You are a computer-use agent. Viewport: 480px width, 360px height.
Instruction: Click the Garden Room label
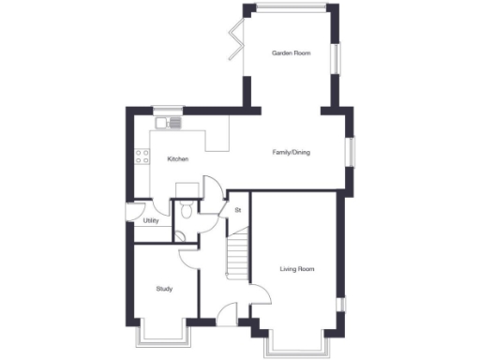click(x=291, y=53)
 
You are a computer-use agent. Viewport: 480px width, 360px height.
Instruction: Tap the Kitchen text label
click(x=178, y=159)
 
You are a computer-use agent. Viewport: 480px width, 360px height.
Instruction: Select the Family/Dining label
click(x=292, y=152)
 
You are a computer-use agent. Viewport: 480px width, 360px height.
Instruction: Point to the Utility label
click(x=150, y=220)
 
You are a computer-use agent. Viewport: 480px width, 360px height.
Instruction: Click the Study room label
click(x=165, y=289)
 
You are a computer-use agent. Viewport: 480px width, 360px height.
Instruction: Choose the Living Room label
click(x=296, y=269)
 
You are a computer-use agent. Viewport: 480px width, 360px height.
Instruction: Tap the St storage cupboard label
click(x=238, y=209)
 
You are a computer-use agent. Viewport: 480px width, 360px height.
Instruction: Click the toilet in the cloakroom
click(x=187, y=211)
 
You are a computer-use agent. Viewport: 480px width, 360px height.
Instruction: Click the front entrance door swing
click(x=227, y=316)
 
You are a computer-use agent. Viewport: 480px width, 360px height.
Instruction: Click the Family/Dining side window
click(x=351, y=153)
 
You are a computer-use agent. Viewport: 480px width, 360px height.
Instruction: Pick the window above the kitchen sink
click(x=169, y=109)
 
